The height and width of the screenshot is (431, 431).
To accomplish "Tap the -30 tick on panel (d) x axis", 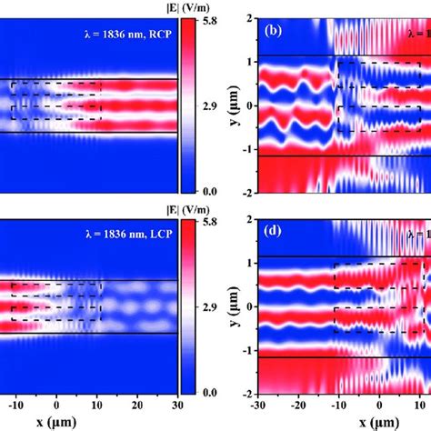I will coord(260,406).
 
